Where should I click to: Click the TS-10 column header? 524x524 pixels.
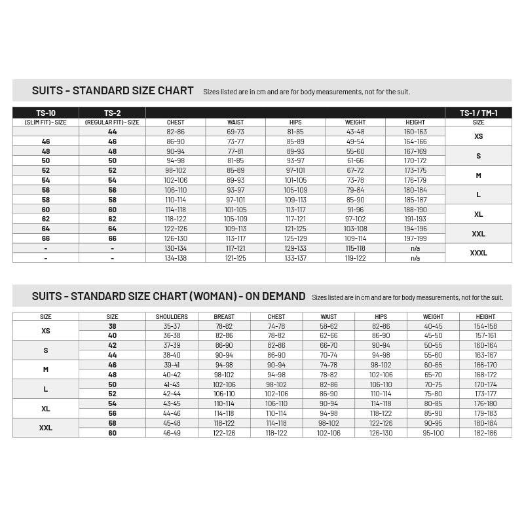46,113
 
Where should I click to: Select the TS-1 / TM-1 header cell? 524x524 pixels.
478,113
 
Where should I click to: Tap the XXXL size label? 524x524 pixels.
478,253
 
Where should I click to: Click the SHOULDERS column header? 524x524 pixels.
172,316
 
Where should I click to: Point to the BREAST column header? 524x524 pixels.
224,316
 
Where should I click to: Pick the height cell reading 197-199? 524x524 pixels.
415,238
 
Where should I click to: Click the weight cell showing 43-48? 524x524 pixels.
355,132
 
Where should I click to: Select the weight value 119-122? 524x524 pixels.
355,258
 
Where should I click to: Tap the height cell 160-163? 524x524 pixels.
415,132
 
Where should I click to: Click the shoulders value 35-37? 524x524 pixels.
172,326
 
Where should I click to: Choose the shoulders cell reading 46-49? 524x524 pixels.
172,433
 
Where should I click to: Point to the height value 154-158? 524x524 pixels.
485,326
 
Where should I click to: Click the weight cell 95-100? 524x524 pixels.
433,433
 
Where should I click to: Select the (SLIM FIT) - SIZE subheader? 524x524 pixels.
46,122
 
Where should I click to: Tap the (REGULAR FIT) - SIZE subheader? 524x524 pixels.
112,122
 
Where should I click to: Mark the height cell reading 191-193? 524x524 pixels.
415,219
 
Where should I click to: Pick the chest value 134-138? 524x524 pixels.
176,258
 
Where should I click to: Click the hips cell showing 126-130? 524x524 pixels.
381,433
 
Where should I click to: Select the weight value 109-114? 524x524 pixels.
355,238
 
